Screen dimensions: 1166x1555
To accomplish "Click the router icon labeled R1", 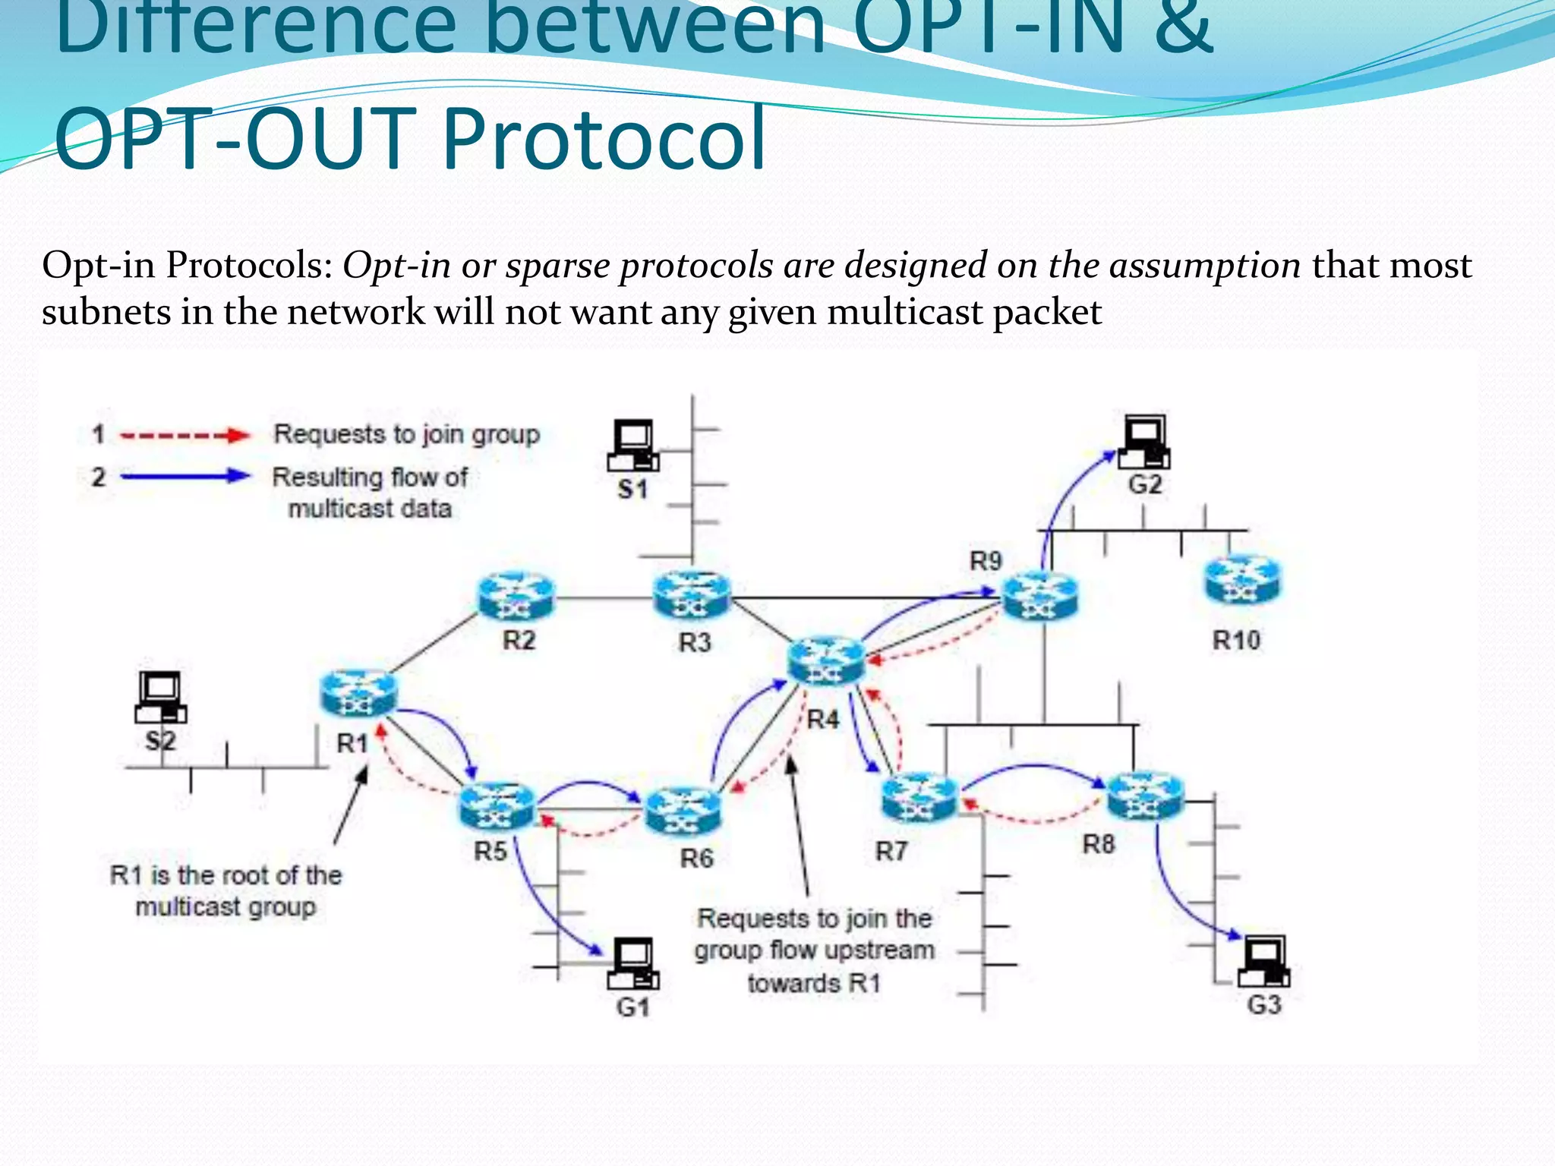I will [358, 693].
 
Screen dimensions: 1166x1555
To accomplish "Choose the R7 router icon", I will [919, 798].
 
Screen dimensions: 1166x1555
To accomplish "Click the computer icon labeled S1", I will [633, 446].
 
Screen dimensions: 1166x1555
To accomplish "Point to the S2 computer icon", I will [161, 698].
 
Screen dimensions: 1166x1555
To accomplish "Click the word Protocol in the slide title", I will [604, 139].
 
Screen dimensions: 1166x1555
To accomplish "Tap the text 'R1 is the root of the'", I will [226, 875].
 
